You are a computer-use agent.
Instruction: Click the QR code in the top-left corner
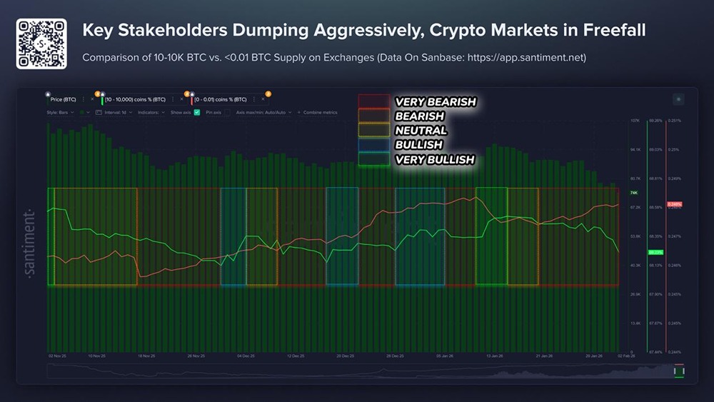tap(41, 44)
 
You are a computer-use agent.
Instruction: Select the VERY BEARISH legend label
tap(435, 102)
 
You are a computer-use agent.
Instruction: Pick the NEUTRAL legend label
tap(421, 131)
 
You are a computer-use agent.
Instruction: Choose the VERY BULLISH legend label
tap(434, 159)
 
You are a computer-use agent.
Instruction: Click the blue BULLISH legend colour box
tap(374, 145)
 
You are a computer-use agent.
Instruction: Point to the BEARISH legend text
tap(419, 116)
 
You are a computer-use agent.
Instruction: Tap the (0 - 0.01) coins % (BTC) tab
tap(221, 99)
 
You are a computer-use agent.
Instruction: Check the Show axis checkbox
tap(196, 112)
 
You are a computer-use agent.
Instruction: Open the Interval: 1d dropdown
tap(119, 112)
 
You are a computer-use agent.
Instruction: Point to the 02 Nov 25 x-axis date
tap(57, 355)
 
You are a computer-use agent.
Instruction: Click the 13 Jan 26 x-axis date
tap(494, 355)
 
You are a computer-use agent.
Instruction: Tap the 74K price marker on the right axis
tap(633, 193)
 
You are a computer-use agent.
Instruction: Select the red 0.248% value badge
tap(674, 204)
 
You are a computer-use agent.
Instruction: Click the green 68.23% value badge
tap(655, 252)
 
